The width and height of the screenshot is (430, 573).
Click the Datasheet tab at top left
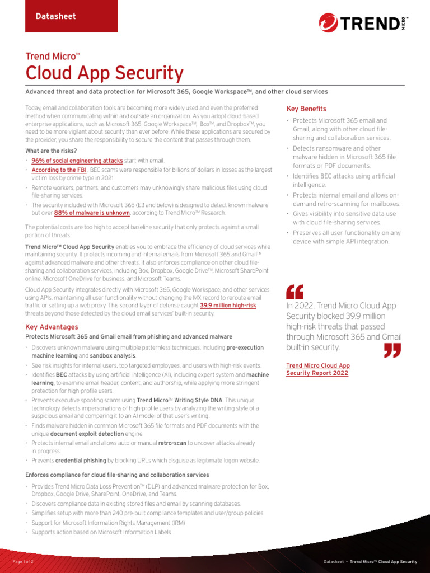click(x=55, y=16)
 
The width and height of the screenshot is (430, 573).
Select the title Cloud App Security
click(x=104, y=73)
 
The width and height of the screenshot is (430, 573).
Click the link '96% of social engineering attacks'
click(x=77, y=161)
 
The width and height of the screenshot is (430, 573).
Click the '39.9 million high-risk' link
click(x=228, y=306)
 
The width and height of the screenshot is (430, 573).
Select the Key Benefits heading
click(x=306, y=109)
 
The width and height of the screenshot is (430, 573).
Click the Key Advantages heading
click(x=52, y=327)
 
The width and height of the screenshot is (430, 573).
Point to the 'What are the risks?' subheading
click(x=51, y=151)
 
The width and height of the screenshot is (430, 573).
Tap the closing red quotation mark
click(x=393, y=350)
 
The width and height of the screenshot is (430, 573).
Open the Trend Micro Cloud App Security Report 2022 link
click(x=317, y=369)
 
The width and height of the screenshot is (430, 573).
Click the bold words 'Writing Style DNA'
click(x=197, y=401)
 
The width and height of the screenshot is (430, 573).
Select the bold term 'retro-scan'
click(x=172, y=443)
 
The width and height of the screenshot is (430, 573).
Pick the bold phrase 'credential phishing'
click(x=81, y=461)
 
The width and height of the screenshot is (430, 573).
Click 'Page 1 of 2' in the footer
click(x=24, y=561)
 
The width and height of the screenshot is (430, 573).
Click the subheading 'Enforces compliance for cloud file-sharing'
click(x=117, y=475)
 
